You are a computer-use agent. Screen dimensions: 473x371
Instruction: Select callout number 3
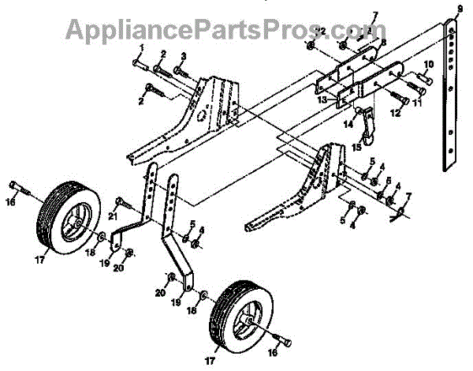pos(183,55)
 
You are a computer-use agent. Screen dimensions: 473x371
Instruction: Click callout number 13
pos(322,101)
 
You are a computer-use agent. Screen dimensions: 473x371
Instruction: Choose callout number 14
pos(348,124)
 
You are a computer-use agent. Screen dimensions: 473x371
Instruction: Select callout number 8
pos(384,45)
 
